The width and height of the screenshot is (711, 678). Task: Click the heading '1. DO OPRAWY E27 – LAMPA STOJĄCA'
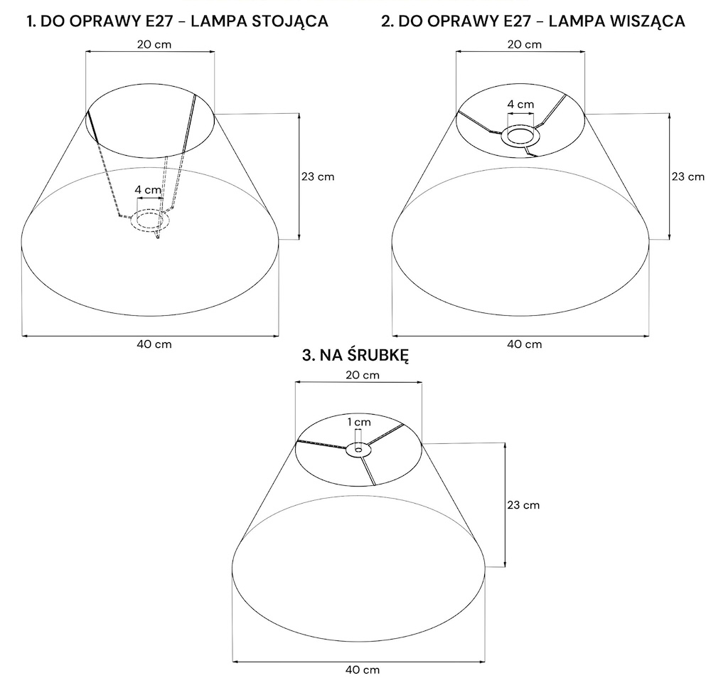pyautogui.click(x=177, y=21)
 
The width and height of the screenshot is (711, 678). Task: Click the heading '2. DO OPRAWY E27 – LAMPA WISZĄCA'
pyautogui.click(x=533, y=21)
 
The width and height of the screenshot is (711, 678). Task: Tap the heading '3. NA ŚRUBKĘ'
pyautogui.click(x=355, y=355)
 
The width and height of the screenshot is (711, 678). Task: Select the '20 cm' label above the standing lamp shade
pyautogui.click(x=154, y=45)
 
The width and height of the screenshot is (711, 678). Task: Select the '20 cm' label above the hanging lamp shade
pyautogui.click(x=524, y=45)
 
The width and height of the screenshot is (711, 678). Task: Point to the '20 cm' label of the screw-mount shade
pyautogui.click(x=363, y=376)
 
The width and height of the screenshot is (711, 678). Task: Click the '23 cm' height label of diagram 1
pyautogui.click(x=318, y=176)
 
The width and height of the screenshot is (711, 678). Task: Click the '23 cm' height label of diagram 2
pyautogui.click(x=688, y=176)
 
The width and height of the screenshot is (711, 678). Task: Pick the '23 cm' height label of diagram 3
pyautogui.click(x=523, y=505)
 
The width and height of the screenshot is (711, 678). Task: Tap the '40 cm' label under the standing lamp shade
pyautogui.click(x=154, y=344)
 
